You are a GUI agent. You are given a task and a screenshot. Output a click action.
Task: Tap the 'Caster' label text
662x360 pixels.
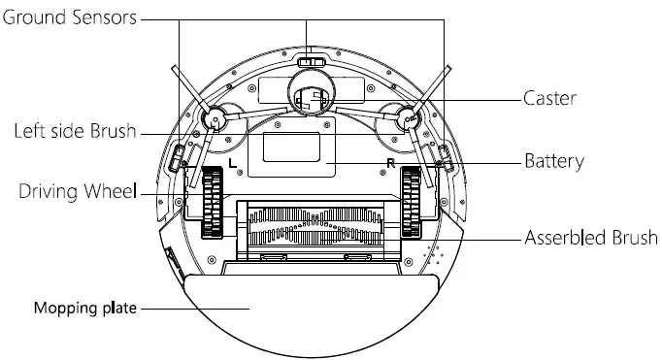[x=550, y=98]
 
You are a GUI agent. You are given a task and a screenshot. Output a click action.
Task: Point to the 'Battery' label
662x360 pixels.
[x=554, y=161]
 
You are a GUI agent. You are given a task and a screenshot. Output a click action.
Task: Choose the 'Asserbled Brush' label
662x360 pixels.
[x=590, y=238]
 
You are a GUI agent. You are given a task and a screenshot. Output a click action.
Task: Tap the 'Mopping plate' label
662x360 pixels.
[x=85, y=310]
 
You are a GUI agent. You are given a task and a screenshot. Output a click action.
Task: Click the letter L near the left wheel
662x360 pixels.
[x=230, y=162]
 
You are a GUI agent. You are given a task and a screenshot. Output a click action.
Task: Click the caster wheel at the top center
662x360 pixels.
[x=310, y=98]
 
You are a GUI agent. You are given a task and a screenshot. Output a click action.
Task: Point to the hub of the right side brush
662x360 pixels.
[x=408, y=119]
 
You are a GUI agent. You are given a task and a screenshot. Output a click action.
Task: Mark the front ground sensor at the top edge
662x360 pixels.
[x=311, y=62]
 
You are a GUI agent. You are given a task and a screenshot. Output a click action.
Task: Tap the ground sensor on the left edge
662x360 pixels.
[x=178, y=156]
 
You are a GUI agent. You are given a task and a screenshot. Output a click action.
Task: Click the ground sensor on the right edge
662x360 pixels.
[x=444, y=156]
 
